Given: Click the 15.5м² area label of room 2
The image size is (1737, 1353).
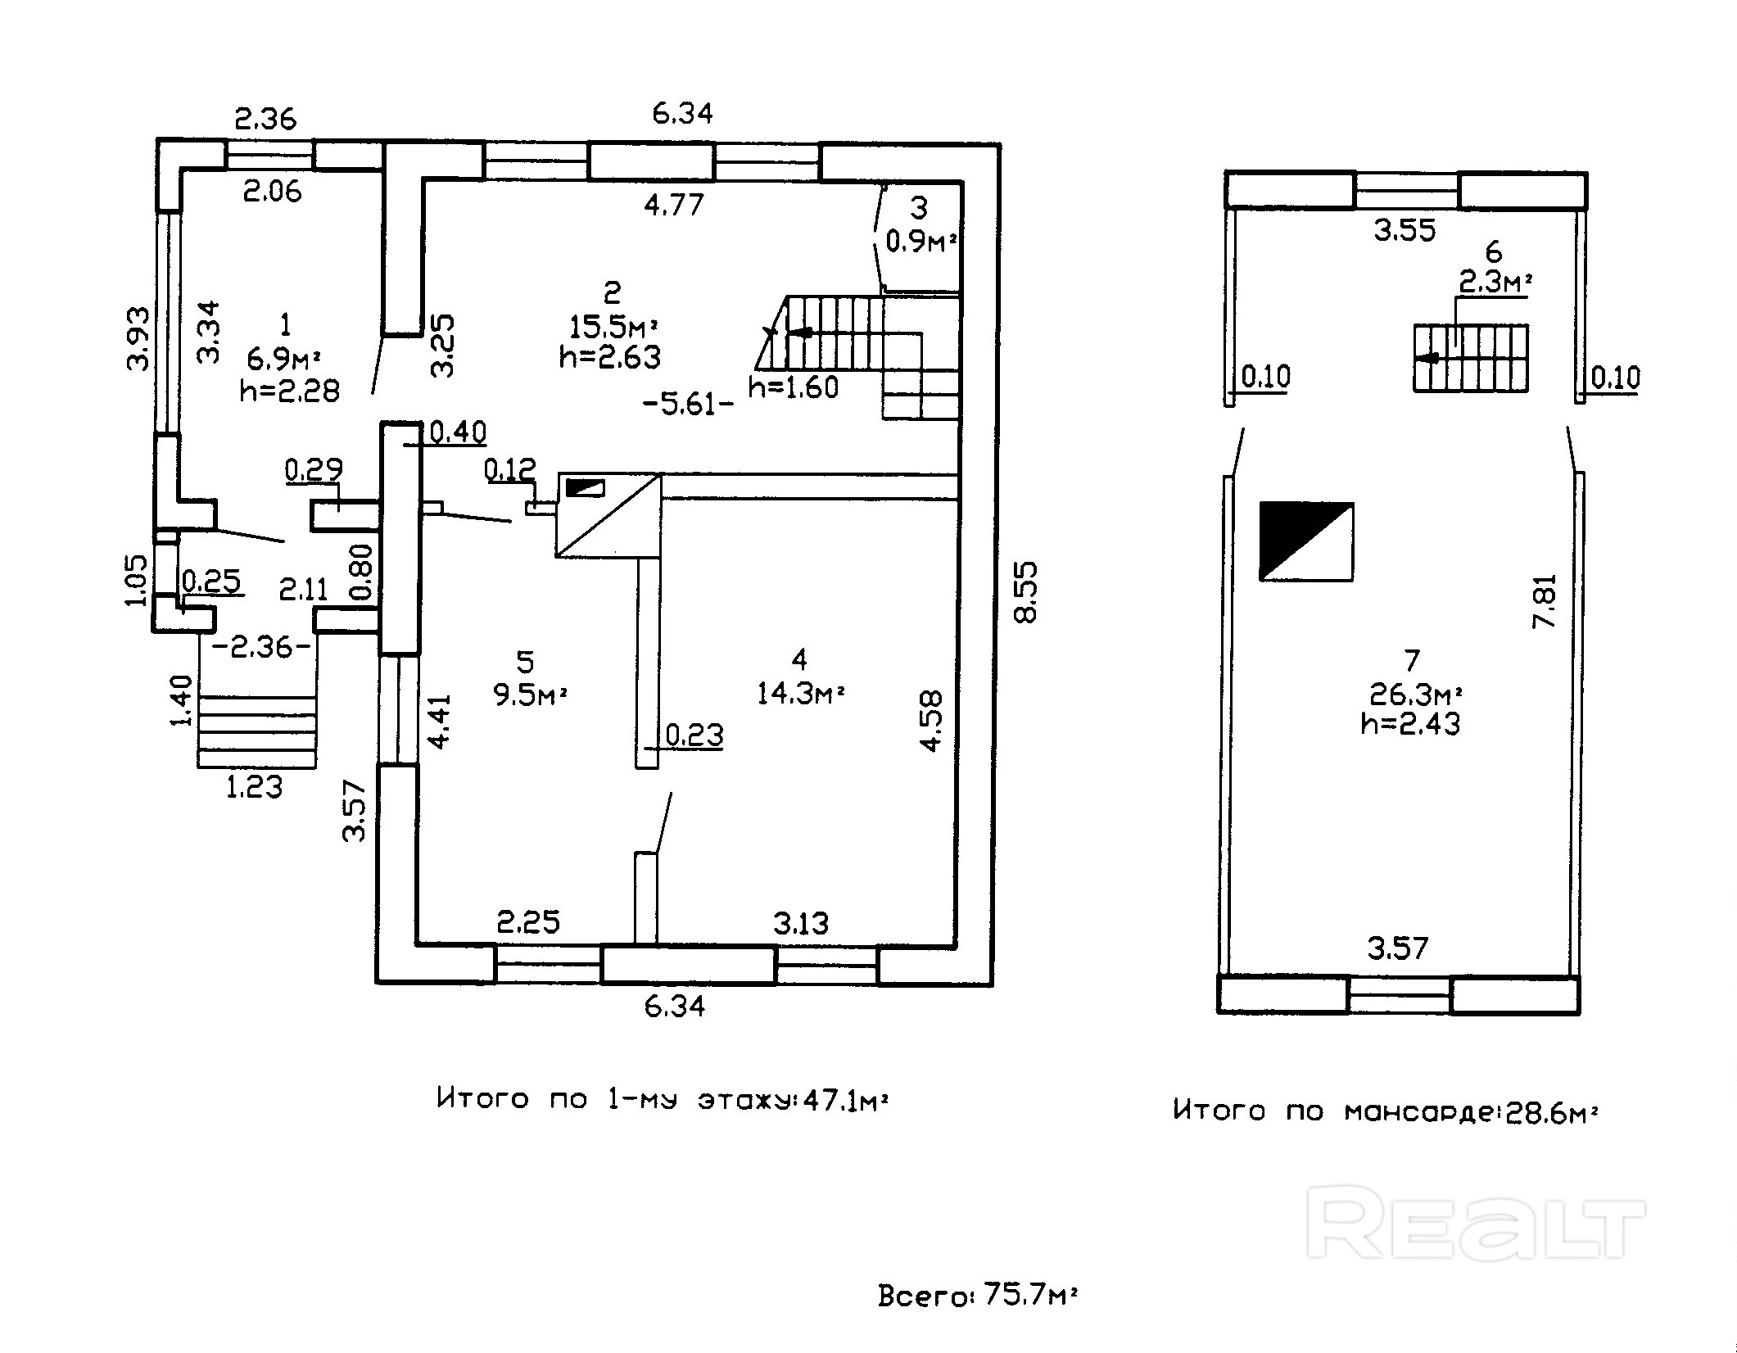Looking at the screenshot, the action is tap(614, 327).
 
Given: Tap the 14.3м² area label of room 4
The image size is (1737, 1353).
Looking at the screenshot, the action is tap(800, 695).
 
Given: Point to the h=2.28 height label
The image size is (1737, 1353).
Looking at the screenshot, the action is tap(290, 391).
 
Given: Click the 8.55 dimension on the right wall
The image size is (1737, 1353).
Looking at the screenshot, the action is tap(1025, 591).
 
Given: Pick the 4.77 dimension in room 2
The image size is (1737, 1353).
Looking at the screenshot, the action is tap(674, 204).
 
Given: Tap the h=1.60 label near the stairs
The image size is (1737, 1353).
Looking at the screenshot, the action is tap(794, 387).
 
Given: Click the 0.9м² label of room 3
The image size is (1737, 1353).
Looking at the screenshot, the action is tap(922, 242).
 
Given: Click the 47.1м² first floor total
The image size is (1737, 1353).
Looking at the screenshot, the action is tap(846, 1099).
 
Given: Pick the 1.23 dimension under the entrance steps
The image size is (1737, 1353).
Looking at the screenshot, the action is tap(254, 787).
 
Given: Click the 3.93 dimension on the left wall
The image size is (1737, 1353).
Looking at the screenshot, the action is tap(138, 338).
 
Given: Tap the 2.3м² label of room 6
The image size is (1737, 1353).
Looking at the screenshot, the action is tap(1495, 283).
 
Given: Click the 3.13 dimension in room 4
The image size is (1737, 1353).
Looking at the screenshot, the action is tap(801, 924).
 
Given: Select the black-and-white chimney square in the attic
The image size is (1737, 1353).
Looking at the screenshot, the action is tap(1306, 541).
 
